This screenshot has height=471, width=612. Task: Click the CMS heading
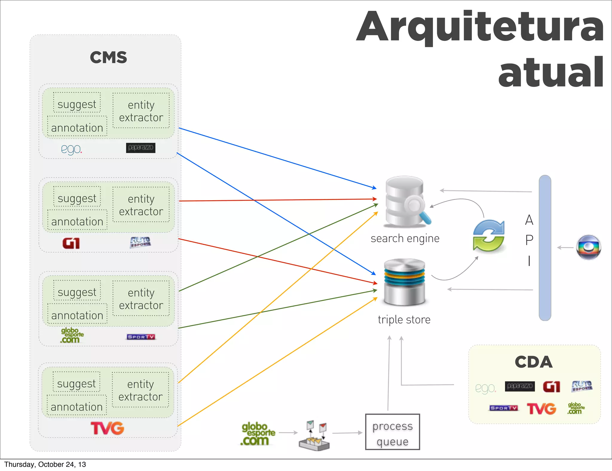[108, 57]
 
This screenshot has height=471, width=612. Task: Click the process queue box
[392, 432]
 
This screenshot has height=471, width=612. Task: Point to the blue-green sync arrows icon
[489, 235]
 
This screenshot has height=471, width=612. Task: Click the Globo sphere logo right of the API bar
[588, 247]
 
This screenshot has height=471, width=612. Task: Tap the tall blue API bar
[545, 248]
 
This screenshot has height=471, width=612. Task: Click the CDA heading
[534, 362]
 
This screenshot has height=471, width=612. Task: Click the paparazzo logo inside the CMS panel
[140, 148]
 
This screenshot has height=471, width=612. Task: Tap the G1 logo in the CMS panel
[71, 243]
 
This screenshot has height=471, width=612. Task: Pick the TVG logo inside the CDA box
[541, 409]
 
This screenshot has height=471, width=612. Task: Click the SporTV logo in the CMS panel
[141, 337]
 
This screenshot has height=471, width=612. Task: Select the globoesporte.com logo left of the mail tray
[258, 434]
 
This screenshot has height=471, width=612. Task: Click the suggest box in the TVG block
[76, 383]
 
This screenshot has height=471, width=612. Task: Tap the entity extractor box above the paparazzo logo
[141, 111]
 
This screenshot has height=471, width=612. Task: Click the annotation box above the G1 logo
[77, 221]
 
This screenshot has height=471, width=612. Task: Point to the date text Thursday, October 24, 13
[45, 464]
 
